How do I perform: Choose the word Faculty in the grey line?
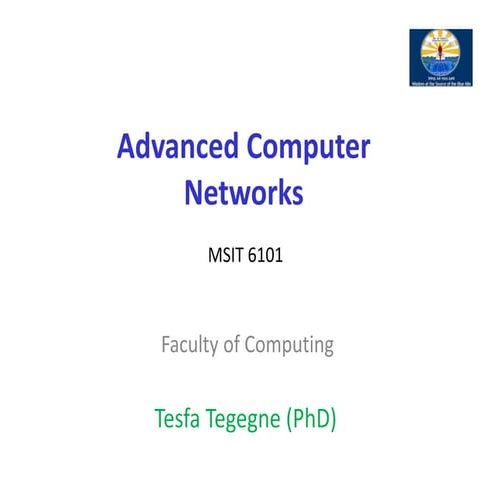[x=191, y=346]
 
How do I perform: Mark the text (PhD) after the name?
[x=313, y=418]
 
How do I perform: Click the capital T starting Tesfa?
[x=160, y=418]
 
